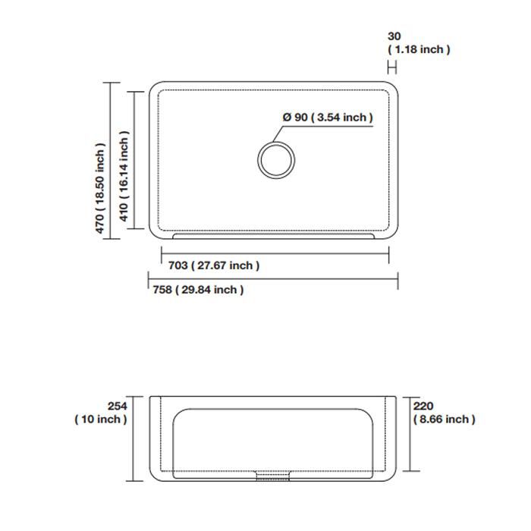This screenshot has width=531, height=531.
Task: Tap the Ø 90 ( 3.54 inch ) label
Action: (x=328, y=117)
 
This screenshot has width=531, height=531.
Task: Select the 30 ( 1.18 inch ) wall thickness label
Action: (x=419, y=42)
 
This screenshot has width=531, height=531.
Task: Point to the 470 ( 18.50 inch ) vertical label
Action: (x=100, y=188)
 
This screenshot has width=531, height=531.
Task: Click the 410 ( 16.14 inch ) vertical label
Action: (x=124, y=176)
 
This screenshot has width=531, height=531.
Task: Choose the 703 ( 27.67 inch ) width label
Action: (x=214, y=265)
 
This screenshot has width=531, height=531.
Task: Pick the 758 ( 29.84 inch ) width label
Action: (x=198, y=290)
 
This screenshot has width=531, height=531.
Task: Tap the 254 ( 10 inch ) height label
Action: (x=101, y=413)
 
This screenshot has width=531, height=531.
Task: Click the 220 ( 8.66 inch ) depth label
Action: (x=444, y=413)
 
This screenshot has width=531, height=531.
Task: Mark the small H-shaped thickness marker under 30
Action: (x=392, y=68)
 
